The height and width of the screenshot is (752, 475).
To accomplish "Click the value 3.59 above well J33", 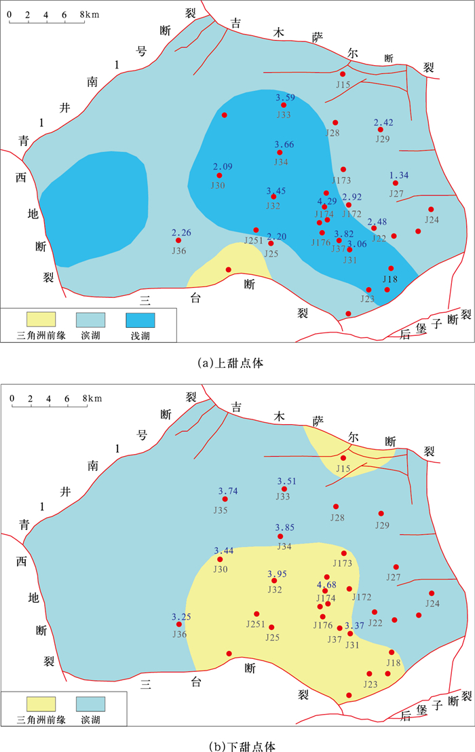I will point(285,98).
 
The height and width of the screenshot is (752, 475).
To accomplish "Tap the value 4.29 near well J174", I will point(327,201).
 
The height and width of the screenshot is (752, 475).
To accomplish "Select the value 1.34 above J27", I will point(399,176).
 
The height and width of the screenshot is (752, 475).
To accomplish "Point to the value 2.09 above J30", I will point(223,167).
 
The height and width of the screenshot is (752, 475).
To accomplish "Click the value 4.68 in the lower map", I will point(327,585).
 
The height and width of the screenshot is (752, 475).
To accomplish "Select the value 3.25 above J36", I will point(181,616).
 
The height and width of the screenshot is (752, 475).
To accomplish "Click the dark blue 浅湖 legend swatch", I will point(140,319).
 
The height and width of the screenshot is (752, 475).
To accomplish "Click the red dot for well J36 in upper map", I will point(178,240).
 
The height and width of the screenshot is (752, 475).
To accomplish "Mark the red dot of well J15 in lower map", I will point(343,459).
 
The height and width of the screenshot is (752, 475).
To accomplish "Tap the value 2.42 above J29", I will point(383,123).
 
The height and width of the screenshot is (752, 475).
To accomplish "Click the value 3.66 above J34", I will point(284,145).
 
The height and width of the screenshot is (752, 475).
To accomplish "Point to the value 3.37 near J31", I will point(355,625).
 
